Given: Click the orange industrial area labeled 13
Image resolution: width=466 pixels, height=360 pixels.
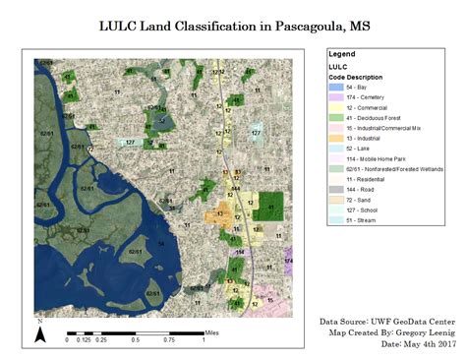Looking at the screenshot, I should tap(219, 215).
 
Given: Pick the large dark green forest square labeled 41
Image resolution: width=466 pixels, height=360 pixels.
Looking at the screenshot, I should tap(268, 207).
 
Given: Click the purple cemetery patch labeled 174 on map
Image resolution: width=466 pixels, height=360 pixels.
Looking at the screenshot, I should tap(288, 263).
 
